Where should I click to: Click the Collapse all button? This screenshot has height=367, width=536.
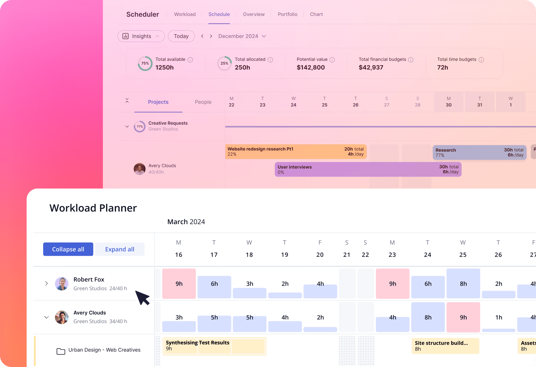pos(68,249)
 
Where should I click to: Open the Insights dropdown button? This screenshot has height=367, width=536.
pos(141,36)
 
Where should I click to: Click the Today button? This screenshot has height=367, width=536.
pos(181,36)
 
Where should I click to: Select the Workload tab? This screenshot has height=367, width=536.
pos(185,14)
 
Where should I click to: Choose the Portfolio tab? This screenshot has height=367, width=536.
pos(287,14)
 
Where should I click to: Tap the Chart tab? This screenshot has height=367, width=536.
pos(316,14)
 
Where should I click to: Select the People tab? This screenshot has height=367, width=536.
pos(203,102)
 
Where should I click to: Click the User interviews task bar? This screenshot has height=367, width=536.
pos(368,169)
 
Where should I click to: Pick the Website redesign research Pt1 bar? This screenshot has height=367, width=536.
pos(295,151)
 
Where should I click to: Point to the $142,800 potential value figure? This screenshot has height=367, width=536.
pos(310,68)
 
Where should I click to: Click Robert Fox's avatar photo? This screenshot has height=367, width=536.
pos(62,284)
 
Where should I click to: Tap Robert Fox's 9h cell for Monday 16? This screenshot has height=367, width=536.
pos(179,284)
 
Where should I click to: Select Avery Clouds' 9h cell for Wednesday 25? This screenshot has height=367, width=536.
pos(463,317)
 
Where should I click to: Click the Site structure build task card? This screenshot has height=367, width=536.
pos(445,346)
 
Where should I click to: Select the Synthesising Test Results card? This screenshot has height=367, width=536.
pos(214,346)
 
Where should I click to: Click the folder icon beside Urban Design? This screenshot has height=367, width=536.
pos(61,351)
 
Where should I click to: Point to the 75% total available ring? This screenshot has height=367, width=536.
pos(145,63)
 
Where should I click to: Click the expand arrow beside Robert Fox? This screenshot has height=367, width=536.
pos(46,284)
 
